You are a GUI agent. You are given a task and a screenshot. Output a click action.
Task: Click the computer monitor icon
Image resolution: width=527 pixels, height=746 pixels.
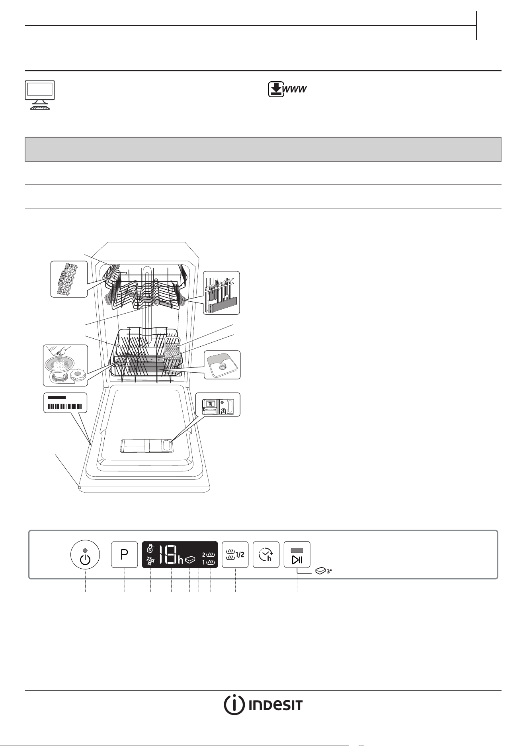[40, 95]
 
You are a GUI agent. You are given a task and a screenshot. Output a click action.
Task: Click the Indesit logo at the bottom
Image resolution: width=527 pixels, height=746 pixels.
[263, 705]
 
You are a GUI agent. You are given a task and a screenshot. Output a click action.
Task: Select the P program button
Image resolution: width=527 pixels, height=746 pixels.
[125, 554]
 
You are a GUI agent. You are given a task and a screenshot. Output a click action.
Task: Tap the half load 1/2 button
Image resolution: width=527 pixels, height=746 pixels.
[235, 554]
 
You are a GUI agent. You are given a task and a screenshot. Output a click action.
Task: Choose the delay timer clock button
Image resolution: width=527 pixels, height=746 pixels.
[266, 554]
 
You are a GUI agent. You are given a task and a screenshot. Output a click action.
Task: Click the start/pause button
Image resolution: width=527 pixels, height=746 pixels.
[297, 554]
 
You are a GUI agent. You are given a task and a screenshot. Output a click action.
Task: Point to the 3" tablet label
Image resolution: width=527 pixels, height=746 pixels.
[324, 571]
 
